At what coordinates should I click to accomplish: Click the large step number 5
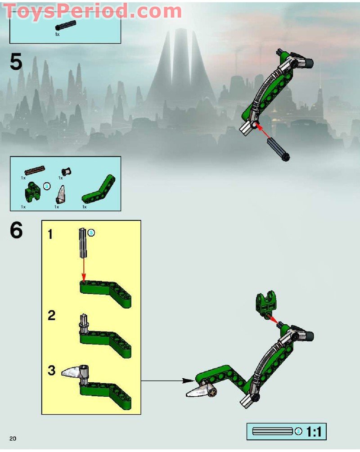(16, 62)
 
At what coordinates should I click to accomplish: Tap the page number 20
(13, 439)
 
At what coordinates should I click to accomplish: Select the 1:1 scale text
(314, 431)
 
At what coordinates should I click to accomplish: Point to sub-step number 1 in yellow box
(50, 234)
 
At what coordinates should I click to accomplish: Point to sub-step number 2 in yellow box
(51, 315)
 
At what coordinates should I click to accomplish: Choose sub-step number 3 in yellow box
(51, 371)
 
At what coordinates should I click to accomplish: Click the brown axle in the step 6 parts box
(35, 170)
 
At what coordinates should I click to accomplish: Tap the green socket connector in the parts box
(32, 192)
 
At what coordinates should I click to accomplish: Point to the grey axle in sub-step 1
(82, 243)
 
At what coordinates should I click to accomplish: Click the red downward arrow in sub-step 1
(84, 269)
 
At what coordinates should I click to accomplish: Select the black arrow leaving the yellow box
(168, 381)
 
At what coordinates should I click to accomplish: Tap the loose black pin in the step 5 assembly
(278, 149)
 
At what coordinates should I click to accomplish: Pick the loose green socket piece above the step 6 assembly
(266, 303)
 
